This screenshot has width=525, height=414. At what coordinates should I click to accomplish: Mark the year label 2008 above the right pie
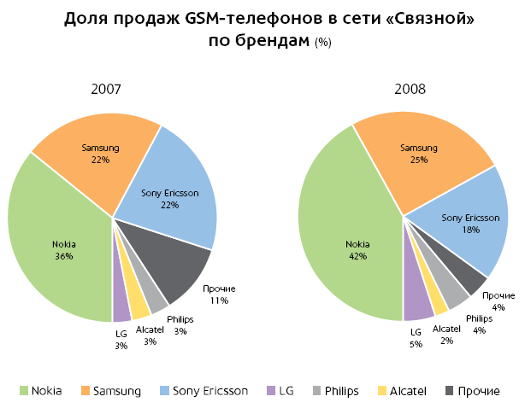(x=410, y=89)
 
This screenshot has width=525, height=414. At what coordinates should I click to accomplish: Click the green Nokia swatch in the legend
(x=25, y=391)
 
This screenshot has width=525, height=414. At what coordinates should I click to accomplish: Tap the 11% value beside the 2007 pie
(x=220, y=300)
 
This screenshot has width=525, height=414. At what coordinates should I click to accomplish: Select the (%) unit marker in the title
(x=323, y=43)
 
